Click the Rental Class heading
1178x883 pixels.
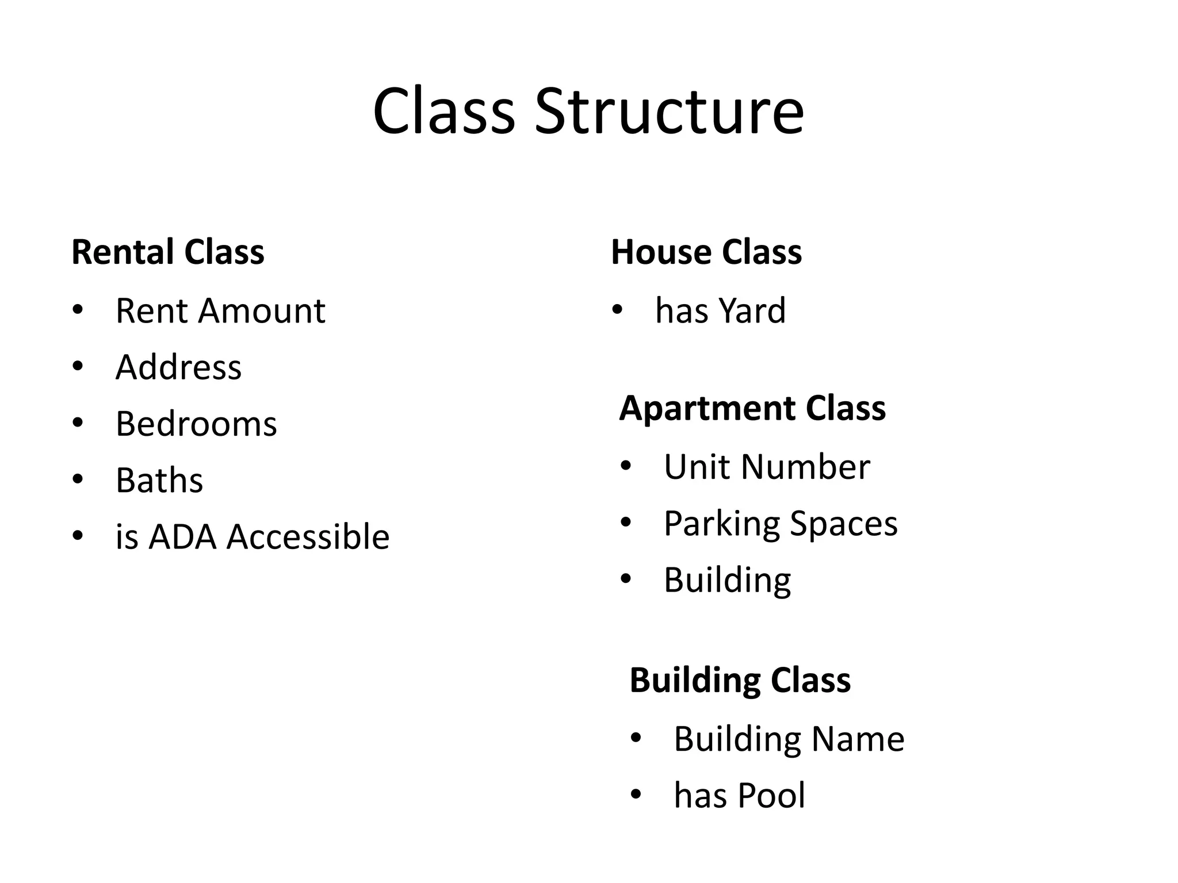pyautogui.click(x=168, y=252)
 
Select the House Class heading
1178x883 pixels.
pyautogui.click(x=706, y=252)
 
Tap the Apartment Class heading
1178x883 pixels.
pyautogui.click(x=752, y=409)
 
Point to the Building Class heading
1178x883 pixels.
pyautogui.click(x=740, y=681)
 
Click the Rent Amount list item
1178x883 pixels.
pyautogui.click(x=220, y=311)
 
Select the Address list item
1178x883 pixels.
pyautogui.click(x=178, y=367)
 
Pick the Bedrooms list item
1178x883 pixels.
pyautogui.click(x=196, y=424)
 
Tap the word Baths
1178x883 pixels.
pyautogui.click(x=159, y=480)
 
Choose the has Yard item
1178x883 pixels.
pyautogui.click(x=720, y=311)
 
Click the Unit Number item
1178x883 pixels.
pyautogui.click(x=767, y=467)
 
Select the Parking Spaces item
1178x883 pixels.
pyautogui.click(x=781, y=523)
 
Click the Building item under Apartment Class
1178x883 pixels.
pyautogui.click(x=727, y=580)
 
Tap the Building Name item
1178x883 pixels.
pyautogui.click(x=789, y=739)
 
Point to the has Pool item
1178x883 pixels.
pyautogui.click(x=739, y=796)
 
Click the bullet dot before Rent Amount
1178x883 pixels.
pyautogui.click(x=78, y=310)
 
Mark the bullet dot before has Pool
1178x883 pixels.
pyautogui.click(x=636, y=795)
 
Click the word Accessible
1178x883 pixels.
pyautogui.click(x=308, y=537)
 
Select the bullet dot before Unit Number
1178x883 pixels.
pyautogui.click(x=626, y=466)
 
